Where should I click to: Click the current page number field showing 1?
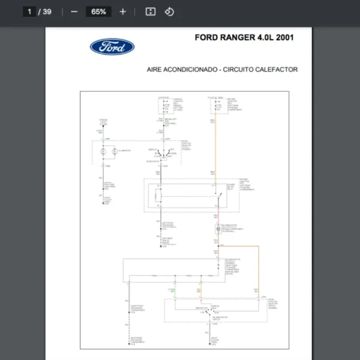pos(29,11)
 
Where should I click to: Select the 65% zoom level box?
pos(99,11)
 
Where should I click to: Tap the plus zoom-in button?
pos(123,11)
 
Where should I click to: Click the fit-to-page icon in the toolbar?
pos(151,11)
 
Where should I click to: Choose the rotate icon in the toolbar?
pos(169,11)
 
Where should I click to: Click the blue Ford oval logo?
pos(112,47)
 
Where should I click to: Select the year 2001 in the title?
pos(284,37)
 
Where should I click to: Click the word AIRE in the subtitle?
pos(155,70)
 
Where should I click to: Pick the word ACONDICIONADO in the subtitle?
pos(191,70)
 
